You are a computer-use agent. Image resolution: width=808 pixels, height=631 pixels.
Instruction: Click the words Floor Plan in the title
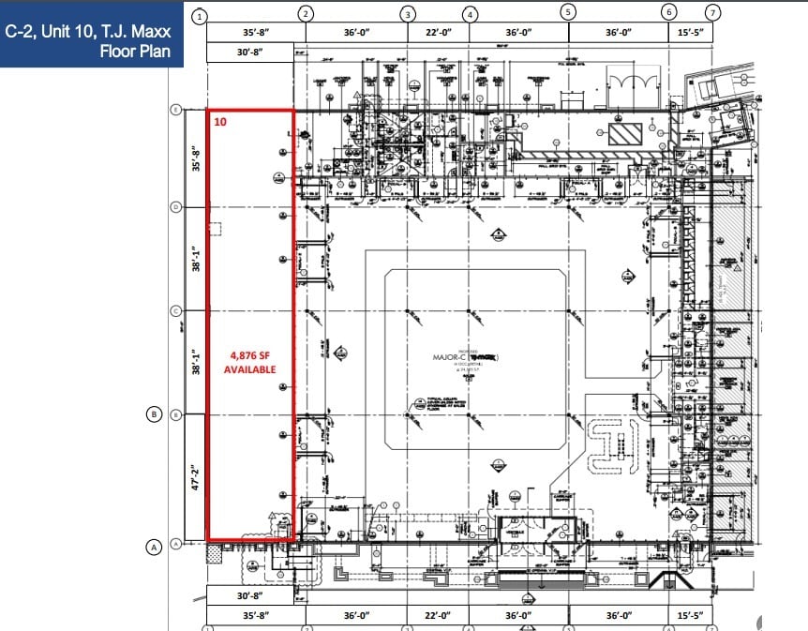click(x=135, y=51)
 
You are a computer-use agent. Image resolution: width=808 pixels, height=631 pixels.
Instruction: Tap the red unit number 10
click(x=219, y=121)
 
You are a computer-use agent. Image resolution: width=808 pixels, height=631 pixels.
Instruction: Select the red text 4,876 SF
click(x=249, y=355)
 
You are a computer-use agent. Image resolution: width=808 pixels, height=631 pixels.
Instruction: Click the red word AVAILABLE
click(x=249, y=369)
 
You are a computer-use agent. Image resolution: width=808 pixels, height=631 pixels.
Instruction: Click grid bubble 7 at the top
click(x=713, y=13)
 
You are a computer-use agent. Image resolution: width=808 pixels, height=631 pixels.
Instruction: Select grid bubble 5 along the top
click(x=568, y=11)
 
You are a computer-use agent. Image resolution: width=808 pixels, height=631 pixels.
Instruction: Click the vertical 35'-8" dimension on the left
click(x=196, y=157)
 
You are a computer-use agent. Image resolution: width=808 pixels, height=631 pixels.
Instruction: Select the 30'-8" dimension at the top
click(x=249, y=53)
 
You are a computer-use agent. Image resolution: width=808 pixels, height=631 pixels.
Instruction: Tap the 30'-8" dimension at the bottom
click(x=249, y=594)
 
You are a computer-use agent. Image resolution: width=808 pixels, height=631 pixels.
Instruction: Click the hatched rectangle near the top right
click(x=623, y=133)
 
